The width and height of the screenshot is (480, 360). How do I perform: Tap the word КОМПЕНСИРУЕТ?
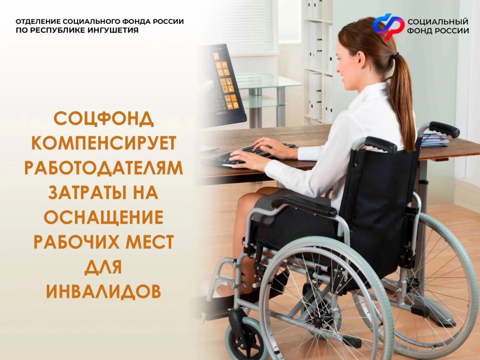coord(104,143)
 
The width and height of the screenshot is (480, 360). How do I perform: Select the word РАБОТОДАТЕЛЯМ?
coord(104,168)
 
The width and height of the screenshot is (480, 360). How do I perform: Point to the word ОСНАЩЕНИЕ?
coord(104,217)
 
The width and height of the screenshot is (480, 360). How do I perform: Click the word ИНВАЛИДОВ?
coord(104,292)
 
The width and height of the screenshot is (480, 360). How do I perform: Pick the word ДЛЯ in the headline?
coord(104,267)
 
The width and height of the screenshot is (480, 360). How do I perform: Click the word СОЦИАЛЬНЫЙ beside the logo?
coord(438,22)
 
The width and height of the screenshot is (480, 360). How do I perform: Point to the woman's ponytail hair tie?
coord(396,55)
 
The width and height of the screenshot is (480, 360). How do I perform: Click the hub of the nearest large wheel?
coord(318,322)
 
